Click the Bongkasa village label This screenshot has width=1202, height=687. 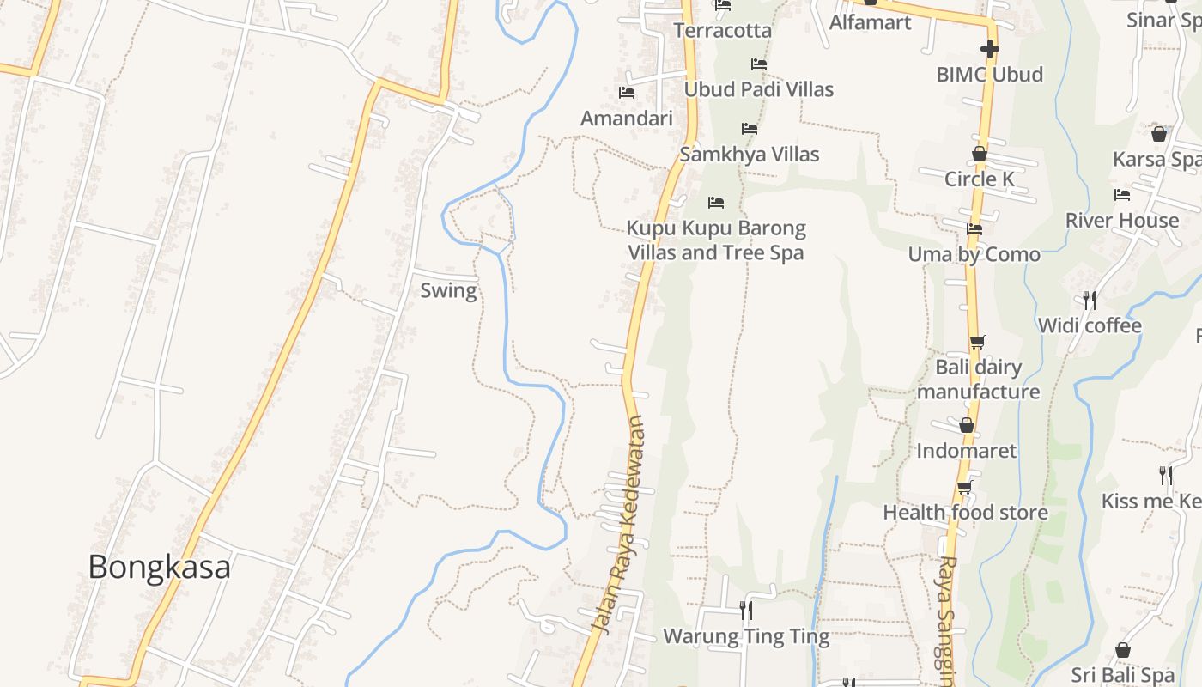159,567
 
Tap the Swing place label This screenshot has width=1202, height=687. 448,290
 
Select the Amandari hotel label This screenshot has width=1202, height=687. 627,119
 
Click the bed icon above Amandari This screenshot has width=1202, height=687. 627,93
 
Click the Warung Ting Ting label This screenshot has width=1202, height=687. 746,636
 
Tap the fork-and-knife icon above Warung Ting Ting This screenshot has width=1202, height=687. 746,611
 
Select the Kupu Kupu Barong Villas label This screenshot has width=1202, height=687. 716,240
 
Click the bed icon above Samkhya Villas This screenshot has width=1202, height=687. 750,129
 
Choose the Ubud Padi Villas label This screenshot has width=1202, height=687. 758,89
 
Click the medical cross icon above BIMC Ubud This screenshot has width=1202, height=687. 989,49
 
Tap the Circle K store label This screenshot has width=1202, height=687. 979,179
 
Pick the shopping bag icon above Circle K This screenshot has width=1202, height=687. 979,154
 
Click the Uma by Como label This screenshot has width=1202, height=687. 974,254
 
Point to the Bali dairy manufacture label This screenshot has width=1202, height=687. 978,380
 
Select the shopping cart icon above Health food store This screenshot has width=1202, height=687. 965,488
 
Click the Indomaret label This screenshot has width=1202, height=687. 966,451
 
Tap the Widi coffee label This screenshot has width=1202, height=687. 1090,325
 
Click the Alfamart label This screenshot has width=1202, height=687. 870,22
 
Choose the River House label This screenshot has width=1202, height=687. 1122,221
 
